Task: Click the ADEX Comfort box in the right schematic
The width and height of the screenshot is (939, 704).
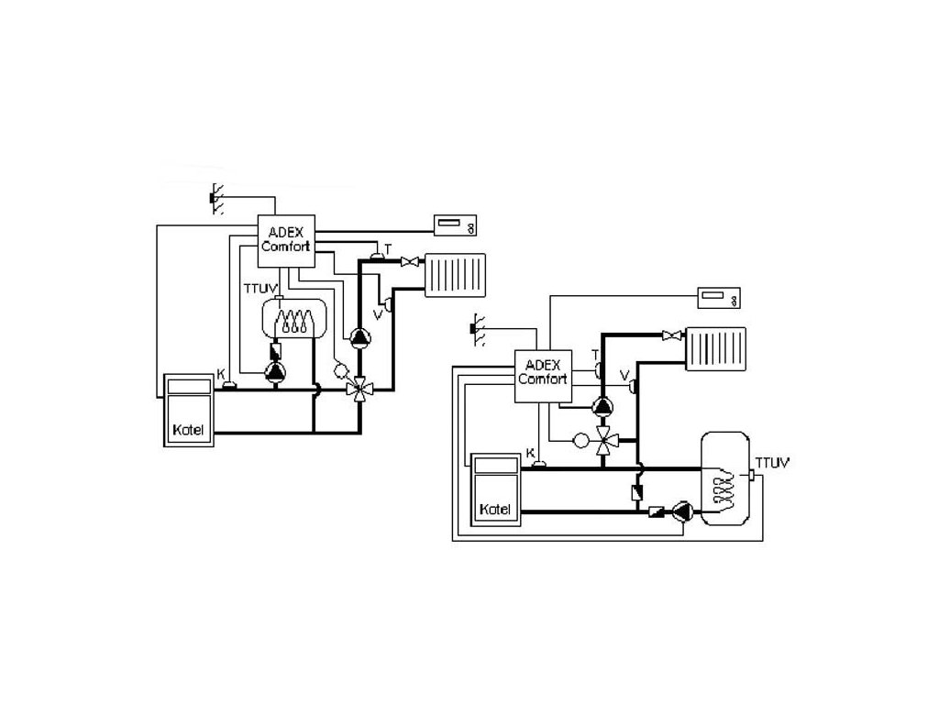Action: (543, 373)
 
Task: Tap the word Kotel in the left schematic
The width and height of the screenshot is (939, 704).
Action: (190, 430)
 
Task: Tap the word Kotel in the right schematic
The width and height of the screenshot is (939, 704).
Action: (495, 508)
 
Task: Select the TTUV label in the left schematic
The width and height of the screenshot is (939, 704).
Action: (258, 288)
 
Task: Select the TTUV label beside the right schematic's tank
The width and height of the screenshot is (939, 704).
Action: (769, 462)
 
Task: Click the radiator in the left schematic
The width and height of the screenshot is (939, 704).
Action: (458, 274)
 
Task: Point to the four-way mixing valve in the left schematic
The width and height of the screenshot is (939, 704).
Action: (359, 388)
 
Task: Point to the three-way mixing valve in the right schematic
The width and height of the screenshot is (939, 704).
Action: (604, 441)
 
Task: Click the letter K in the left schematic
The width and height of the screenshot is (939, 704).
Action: (220, 373)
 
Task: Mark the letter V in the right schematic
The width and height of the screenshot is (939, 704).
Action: (624, 375)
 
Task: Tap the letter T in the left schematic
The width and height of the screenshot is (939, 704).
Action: (388, 248)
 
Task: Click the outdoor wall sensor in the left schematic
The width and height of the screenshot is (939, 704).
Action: (215, 197)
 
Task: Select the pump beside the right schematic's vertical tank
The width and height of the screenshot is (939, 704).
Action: (683, 511)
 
